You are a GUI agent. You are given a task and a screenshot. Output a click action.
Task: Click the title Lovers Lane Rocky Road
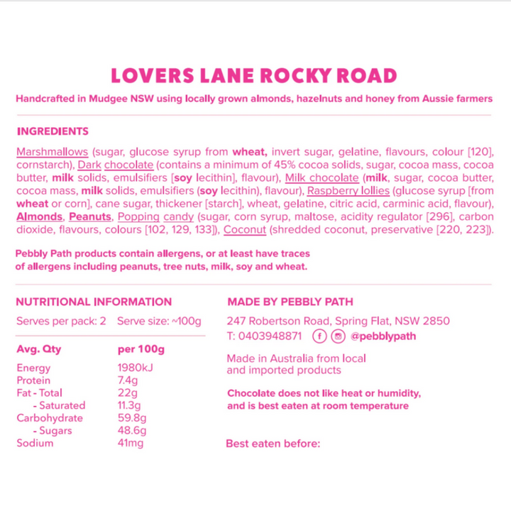click(255, 76)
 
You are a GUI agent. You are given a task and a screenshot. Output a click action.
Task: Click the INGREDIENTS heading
click(53, 132)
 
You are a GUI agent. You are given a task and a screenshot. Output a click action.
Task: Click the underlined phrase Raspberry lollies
click(348, 191)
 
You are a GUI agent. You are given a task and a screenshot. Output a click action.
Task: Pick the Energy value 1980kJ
click(135, 368)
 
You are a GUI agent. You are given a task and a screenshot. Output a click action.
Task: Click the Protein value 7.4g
click(127, 380)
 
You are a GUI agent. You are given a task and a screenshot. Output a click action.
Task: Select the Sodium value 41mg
click(131, 443)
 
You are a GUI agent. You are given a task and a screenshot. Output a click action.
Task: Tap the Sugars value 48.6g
click(131, 430)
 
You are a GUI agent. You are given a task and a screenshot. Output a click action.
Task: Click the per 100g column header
click(141, 349)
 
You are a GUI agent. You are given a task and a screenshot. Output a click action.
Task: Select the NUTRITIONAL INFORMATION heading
click(94, 302)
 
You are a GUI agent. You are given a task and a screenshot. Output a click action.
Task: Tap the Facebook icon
click(319, 336)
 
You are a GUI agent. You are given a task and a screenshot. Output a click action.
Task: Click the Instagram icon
click(339, 336)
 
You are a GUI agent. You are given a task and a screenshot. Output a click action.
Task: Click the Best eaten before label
click(273, 444)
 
